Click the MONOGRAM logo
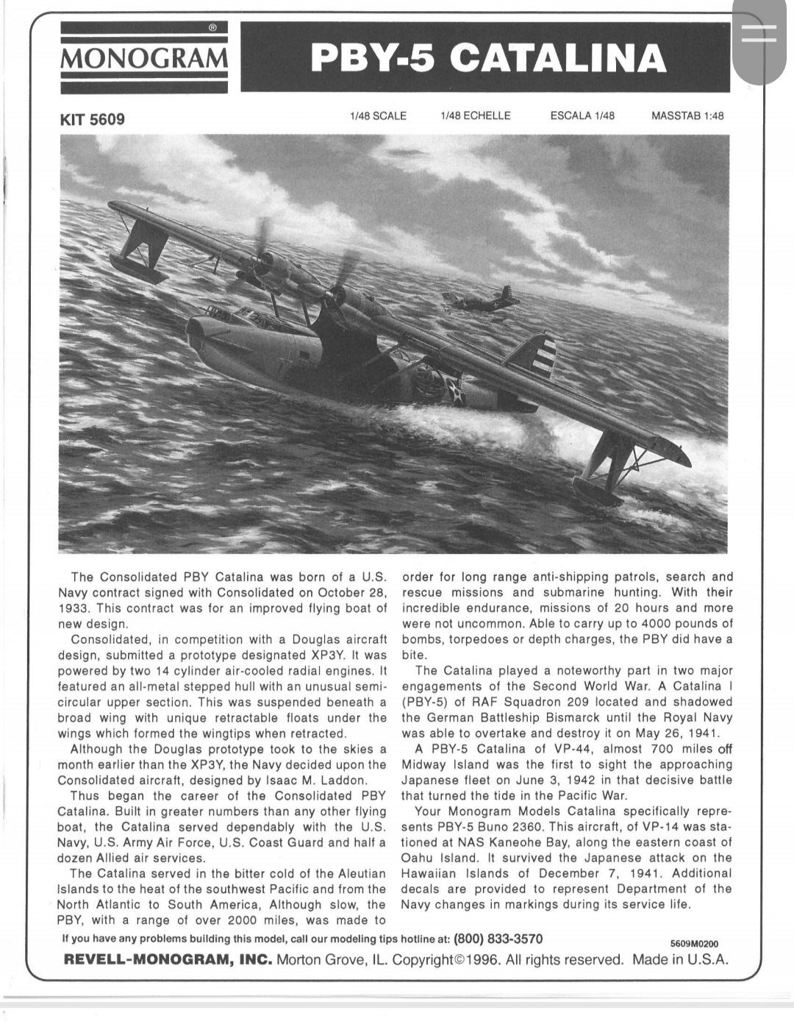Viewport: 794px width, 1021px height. pos(143,57)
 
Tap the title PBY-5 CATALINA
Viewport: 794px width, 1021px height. pos(488,58)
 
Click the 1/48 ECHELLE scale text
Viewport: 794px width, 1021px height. pos(475,115)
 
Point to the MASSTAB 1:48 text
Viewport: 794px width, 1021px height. pos(687,115)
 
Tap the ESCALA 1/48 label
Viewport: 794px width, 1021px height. pos(582,115)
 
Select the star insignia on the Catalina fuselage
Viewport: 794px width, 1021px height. pos(458,389)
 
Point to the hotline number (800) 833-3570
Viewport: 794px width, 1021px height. pos(498,939)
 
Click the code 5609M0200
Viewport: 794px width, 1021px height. pos(694,944)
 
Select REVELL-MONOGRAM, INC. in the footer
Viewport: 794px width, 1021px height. pos(168,960)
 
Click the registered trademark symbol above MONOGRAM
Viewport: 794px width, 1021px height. pos(212,28)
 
